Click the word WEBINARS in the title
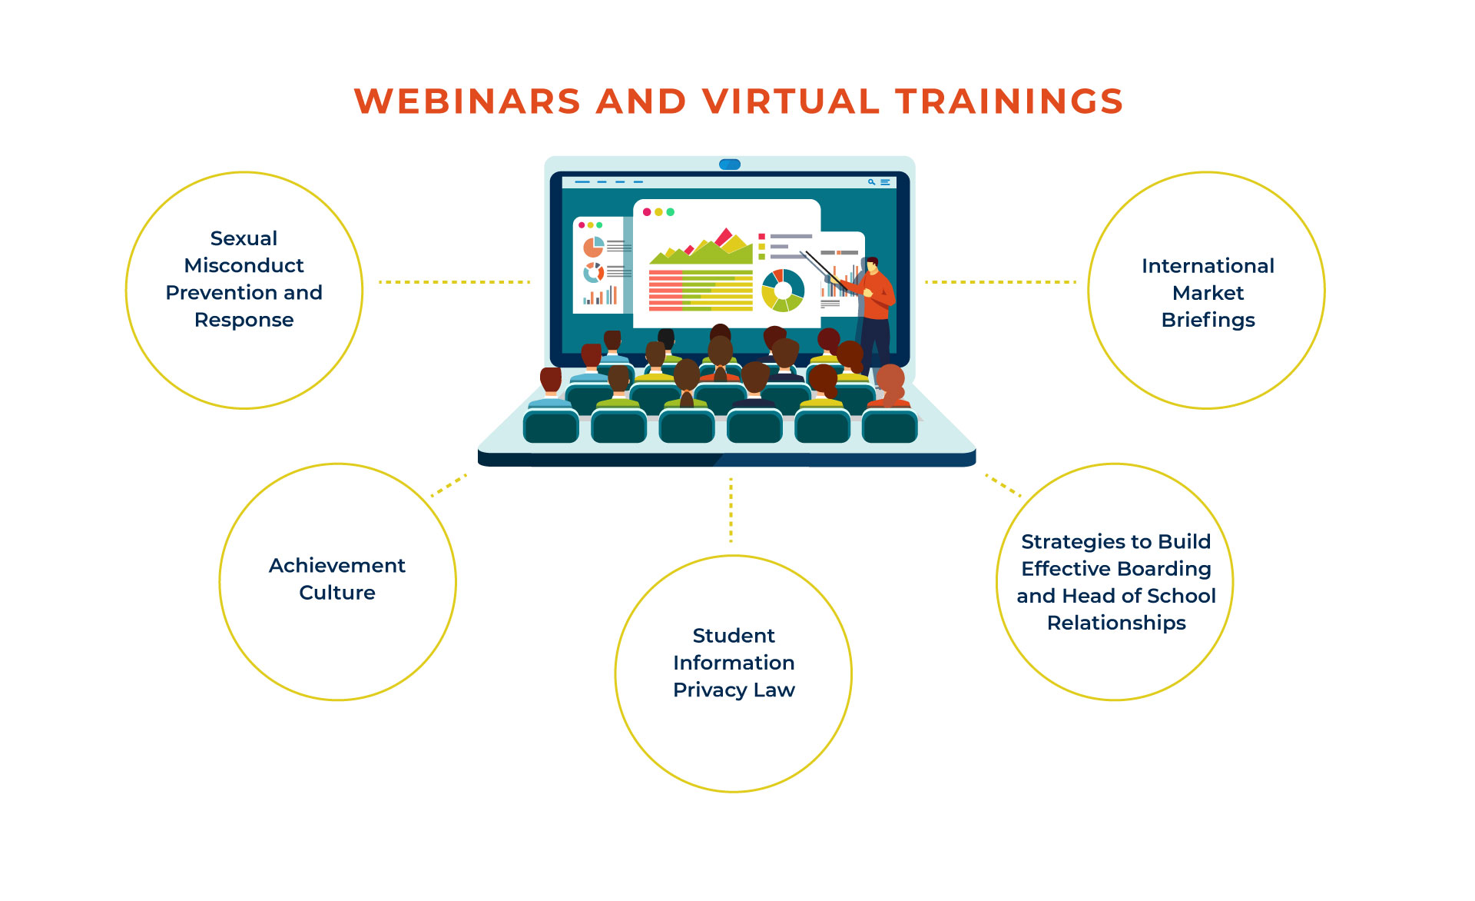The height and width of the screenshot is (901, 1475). tap(467, 101)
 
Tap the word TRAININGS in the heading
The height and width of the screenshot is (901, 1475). tap(1009, 101)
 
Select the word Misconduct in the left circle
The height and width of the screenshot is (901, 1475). tap(244, 265)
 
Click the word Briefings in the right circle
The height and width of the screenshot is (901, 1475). tap(1208, 320)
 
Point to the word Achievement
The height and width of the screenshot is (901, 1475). tap(337, 566)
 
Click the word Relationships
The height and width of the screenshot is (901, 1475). tap(1116, 623)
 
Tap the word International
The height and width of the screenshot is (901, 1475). tap(1208, 266)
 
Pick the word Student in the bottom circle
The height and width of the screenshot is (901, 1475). tap(734, 636)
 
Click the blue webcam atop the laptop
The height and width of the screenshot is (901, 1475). tap(730, 165)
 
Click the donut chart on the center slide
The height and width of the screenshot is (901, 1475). tap(783, 291)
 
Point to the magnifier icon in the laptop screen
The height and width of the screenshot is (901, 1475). tap(871, 182)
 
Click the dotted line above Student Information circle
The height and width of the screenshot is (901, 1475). tap(731, 510)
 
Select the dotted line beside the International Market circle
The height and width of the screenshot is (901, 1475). tap(1000, 282)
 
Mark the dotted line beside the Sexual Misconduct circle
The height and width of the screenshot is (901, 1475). tap(455, 282)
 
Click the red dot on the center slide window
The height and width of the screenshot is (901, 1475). tap(647, 212)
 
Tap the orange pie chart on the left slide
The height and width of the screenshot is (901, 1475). tap(593, 247)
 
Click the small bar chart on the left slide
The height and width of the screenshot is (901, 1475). tap(600, 296)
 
